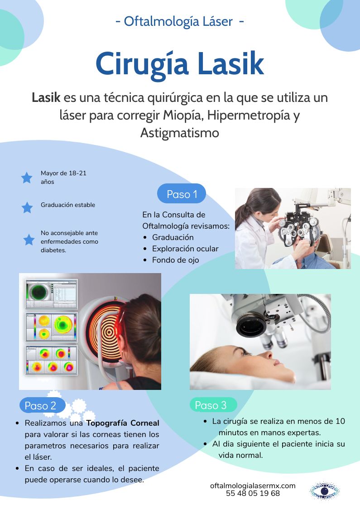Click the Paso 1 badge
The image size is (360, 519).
click(181, 194)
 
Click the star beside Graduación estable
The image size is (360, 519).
click(27, 207)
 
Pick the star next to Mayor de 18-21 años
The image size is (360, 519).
click(27, 178)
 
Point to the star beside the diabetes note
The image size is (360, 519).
click(29, 240)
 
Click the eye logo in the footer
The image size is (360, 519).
click(324, 490)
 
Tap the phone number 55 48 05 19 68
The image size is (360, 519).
click(253, 494)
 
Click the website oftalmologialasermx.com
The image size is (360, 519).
click(253, 485)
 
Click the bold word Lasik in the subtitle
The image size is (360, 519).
click(46, 98)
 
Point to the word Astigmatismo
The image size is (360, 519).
click(180, 133)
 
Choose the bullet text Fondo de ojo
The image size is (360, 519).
click(175, 260)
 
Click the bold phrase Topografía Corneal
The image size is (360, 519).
click(123, 423)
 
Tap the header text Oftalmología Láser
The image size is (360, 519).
click(178, 22)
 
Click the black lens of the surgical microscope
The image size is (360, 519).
click(251, 324)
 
